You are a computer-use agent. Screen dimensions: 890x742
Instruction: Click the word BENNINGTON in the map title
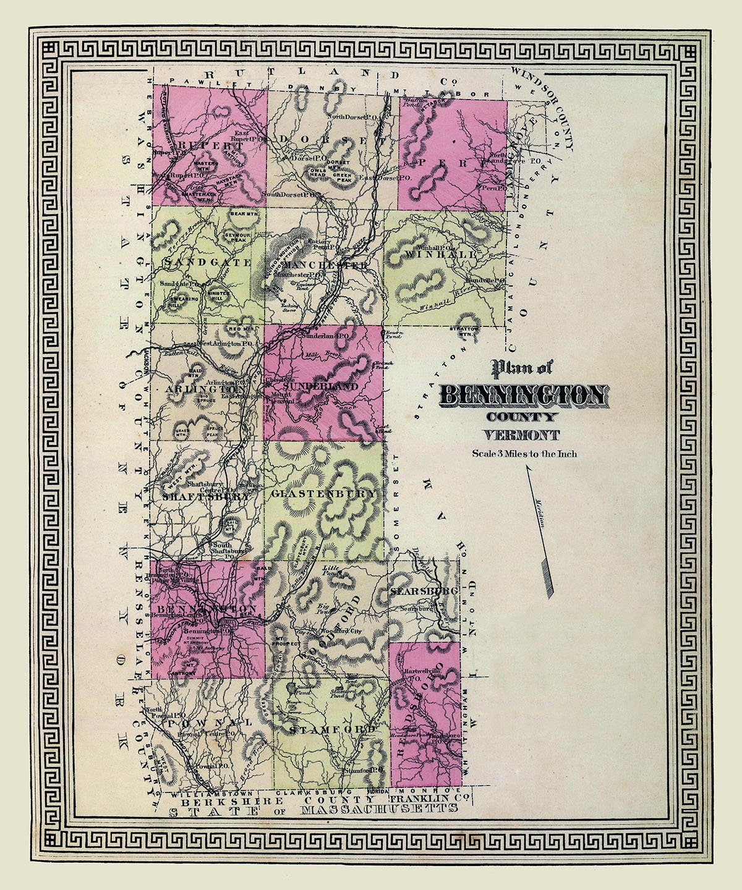tap(523, 395)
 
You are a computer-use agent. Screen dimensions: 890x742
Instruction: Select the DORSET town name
tap(324, 139)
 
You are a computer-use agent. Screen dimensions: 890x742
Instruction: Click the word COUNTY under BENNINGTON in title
tap(523, 417)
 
